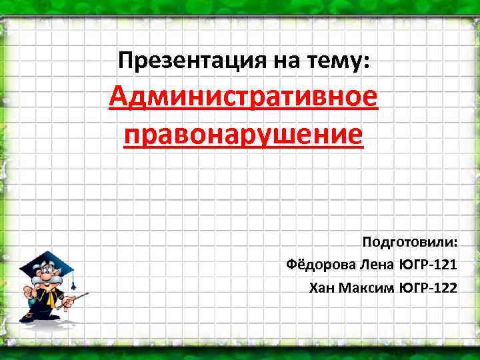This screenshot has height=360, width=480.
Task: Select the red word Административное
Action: [243, 100]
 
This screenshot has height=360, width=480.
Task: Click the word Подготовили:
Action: [409, 241]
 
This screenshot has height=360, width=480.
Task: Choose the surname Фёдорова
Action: [321, 264]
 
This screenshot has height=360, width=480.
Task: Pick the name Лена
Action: [377, 264]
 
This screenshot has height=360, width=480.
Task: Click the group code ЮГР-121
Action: [428, 264]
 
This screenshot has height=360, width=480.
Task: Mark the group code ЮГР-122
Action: [428, 287]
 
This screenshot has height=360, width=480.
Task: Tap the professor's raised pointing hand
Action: [27, 292]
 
